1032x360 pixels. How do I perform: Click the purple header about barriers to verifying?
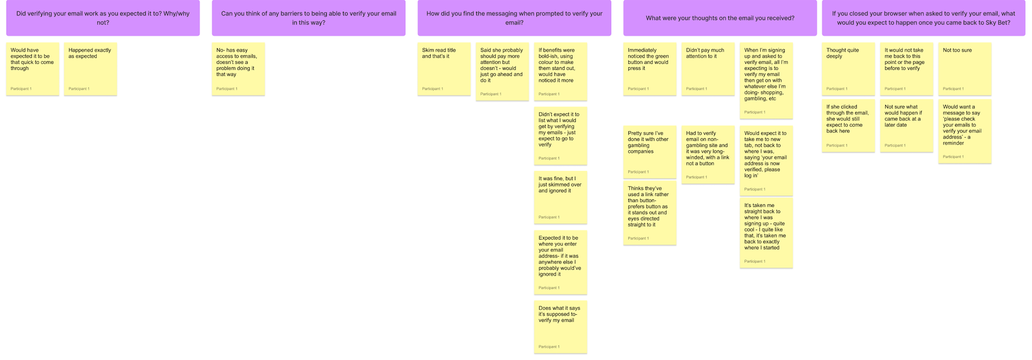coord(309,18)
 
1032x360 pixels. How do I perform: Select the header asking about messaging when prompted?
coord(514,18)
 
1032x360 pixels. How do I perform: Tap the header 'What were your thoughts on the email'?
coord(720,18)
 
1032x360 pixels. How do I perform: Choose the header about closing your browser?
coord(923,18)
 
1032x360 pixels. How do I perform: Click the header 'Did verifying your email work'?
coord(103,18)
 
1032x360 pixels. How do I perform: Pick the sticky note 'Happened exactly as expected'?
coord(90,69)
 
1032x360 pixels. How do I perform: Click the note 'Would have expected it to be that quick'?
coord(33,69)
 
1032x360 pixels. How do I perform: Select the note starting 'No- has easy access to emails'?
coord(238,69)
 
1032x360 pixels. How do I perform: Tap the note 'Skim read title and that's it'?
coord(444,69)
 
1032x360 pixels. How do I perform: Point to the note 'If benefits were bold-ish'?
coord(561,71)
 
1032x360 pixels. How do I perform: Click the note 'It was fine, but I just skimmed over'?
coord(561,197)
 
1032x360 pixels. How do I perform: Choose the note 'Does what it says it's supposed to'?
coord(561,327)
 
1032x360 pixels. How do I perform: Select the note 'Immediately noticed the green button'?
coord(650,69)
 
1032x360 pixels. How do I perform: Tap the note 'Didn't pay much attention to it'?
coord(708,69)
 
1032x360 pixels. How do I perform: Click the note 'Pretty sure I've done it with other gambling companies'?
coord(650,152)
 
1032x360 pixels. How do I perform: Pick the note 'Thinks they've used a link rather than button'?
coord(650,213)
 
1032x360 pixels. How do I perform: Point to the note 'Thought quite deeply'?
coord(848,69)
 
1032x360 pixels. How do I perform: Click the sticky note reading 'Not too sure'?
coord(965,69)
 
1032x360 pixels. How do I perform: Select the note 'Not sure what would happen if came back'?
coord(907,126)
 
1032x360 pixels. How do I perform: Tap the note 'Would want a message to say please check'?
coord(965,131)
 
